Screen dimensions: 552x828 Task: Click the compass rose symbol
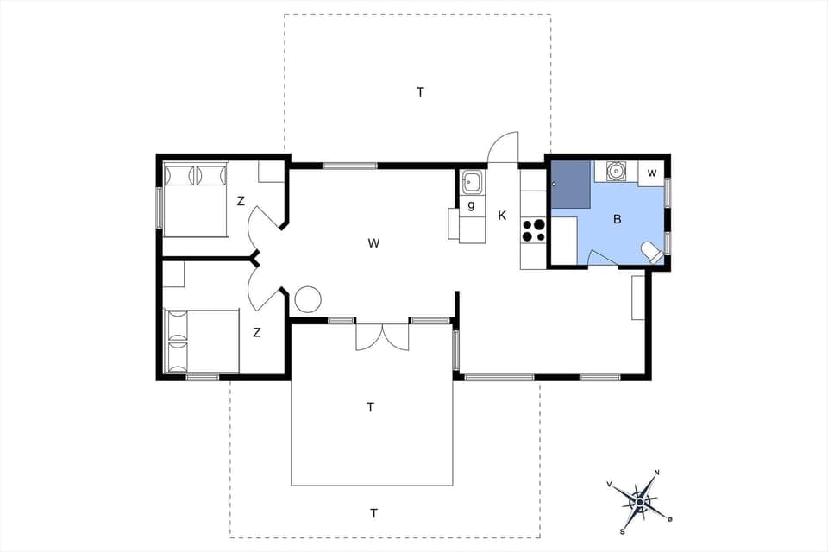[640, 499]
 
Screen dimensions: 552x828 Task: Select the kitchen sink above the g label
[472, 182]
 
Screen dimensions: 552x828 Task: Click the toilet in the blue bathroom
[652, 252]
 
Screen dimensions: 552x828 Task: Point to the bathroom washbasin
[616, 171]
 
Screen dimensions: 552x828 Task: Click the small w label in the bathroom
[652, 173]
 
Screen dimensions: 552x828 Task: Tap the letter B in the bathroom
[617, 220]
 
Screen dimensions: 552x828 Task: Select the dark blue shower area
[570, 184]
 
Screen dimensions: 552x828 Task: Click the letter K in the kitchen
[502, 216]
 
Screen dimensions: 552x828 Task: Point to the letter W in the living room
[373, 243]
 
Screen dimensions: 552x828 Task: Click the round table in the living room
[308, 299]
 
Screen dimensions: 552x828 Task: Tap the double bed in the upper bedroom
[196, 199]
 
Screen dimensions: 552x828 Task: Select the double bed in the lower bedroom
[201, 342]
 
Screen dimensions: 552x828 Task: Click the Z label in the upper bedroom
[241, 201]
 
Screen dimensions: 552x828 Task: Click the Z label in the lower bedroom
[257, 332]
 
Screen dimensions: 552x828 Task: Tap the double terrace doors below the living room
[382, 336]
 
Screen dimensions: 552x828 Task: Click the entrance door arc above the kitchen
[503, 147]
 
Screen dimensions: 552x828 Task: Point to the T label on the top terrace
[420, 92]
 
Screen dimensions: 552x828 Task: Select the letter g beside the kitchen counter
[471, 205]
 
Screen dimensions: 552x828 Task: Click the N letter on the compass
[657, 473]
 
